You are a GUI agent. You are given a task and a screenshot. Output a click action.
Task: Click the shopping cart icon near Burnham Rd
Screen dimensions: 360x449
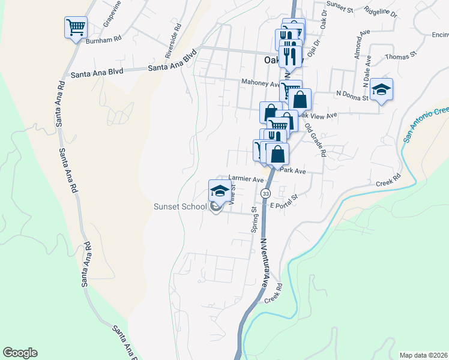click(x=76, y=27)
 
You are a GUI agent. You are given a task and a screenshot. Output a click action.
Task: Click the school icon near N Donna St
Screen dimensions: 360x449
click(x=381, y=89)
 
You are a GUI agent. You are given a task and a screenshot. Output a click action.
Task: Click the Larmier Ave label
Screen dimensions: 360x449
click(x=246, y=179)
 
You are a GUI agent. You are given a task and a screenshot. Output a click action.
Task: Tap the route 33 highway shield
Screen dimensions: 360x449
click(x=265, y=193)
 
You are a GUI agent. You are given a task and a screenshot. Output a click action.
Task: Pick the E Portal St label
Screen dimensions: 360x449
click(x=284, y=201)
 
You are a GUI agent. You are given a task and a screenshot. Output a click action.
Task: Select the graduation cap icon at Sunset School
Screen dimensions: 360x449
click(x=219, y=191)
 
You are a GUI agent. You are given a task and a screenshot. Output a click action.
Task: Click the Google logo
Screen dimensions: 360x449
click(x=20, y=353)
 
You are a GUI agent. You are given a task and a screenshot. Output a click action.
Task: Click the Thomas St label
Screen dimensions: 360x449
click(x=401, y=56)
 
